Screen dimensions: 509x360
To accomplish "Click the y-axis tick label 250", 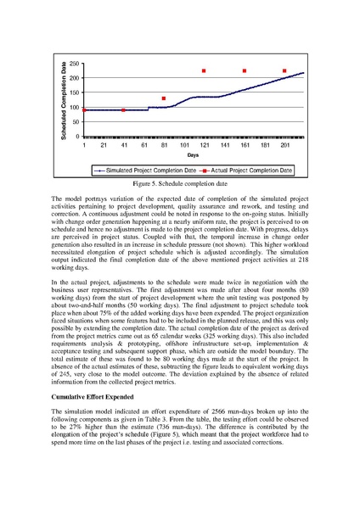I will pyautogui.click(x=74, y=64).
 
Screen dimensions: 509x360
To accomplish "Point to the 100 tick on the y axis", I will pyautogui.click(x=74, y=108).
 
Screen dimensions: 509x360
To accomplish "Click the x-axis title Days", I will pyautogui.click(x=194, y=156).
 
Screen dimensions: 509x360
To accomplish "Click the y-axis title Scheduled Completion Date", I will pyautogui.click(x=63, y=100).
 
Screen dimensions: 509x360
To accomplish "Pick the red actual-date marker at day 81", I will pyautogui.click(x=164, y=99).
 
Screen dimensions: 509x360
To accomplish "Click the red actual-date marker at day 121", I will pyautogui.click(x=204, y=71).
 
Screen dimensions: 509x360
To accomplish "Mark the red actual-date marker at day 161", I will pyautogui.click(x=245, y=71).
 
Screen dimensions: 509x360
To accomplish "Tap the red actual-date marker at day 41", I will pyautogui.click(x=124, y=110).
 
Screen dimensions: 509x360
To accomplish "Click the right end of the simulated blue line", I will pyautogui.click(x=303, y=73).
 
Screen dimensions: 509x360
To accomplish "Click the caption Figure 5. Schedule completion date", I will pyautogui.click(x=179, y=183).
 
